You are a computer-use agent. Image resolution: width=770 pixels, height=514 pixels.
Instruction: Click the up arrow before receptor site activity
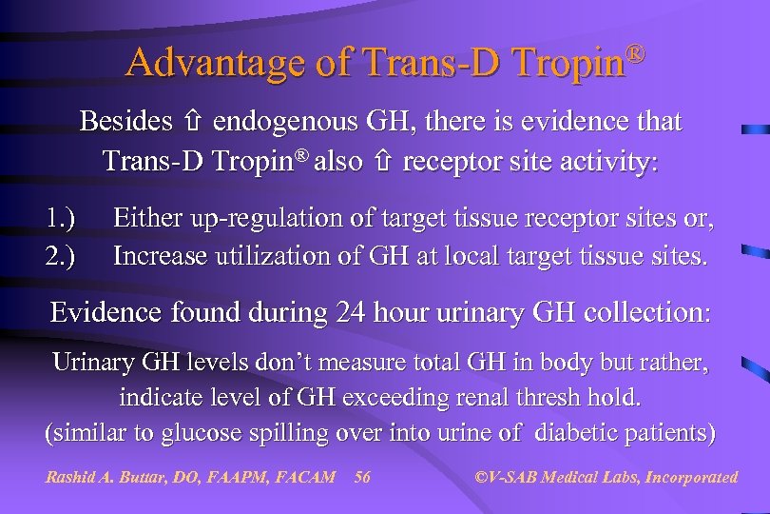pos(383,162)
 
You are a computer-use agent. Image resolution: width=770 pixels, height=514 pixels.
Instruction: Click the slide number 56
pos(361,477)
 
